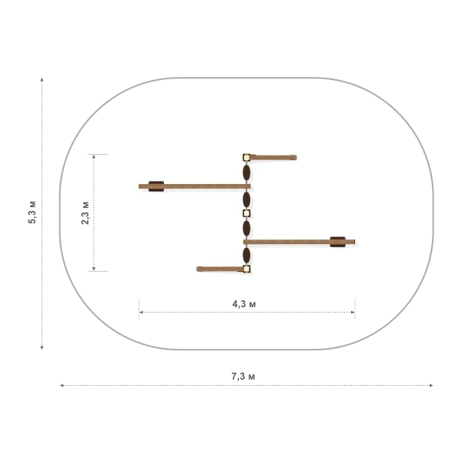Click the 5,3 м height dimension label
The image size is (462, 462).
[x=32, y=213]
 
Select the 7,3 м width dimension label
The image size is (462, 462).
[x=243, y=377]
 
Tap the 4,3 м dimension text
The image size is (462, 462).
[x=244, y=304]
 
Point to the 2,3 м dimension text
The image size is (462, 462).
[x=85, y=213]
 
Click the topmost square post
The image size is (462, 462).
[x=246, y=157]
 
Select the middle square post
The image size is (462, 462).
[x=246, y=213]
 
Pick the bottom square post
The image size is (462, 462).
[x=246, y=269]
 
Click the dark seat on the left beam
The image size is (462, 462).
[x=156, y=186]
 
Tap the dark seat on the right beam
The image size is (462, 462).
[x=338, y=242]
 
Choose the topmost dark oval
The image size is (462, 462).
[x=246, y=172]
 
